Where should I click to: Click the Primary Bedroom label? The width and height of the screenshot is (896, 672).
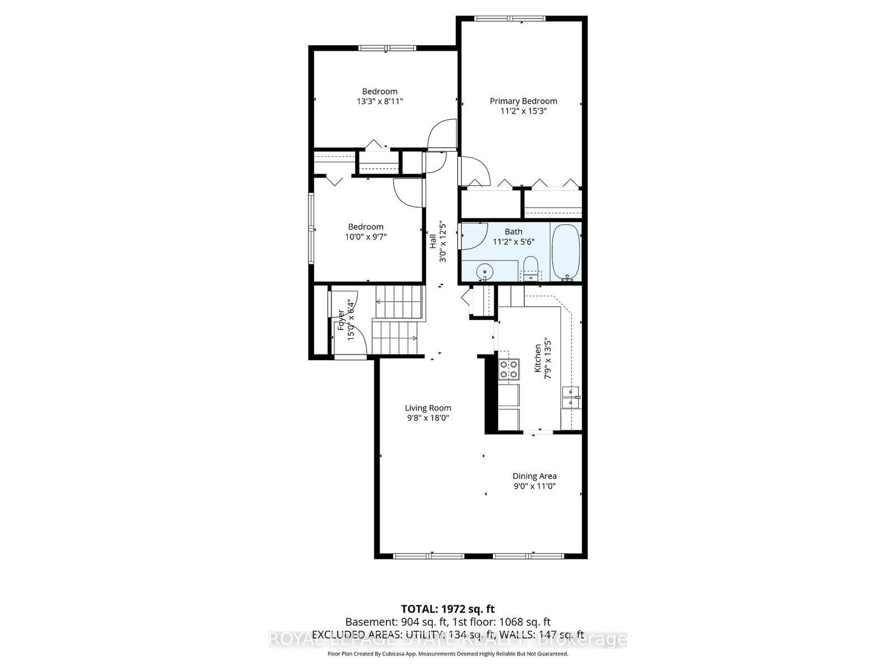[523, 101]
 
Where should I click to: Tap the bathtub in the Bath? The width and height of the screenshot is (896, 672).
[566, 251]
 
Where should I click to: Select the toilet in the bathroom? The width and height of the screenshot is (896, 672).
[530, 269]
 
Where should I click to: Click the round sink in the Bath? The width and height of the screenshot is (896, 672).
[484, 273]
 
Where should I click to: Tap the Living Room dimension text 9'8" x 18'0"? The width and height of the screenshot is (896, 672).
[428, 418]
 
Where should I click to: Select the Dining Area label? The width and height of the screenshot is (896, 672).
[534, 476]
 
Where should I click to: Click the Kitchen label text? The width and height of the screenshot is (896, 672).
[538, 358]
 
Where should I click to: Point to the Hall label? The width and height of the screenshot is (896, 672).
[433, 241]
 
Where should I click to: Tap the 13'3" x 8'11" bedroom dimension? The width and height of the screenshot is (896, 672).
[380, 101]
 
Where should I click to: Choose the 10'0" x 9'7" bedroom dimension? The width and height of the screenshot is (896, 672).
[366, 236]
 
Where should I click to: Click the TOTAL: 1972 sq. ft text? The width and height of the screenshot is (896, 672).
[447, 609]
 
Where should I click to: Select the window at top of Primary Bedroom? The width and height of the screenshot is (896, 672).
[509, 19]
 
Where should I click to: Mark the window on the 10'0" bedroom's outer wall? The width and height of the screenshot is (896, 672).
[311, 228]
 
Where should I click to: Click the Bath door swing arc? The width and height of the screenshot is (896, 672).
[474, 235]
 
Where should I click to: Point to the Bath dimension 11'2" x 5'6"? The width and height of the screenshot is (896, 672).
[514, 241]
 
